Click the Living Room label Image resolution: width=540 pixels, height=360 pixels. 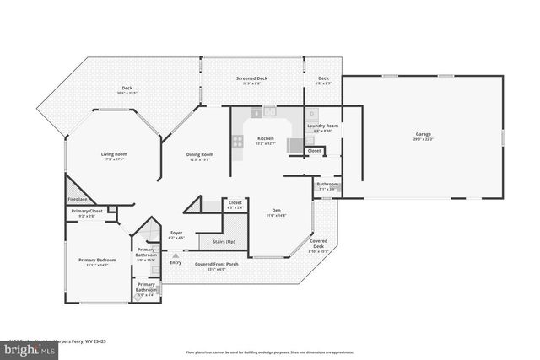114,154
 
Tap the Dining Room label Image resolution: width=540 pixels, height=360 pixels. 200,154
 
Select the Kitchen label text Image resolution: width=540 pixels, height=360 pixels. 266,137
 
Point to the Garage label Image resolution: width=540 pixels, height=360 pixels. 423,134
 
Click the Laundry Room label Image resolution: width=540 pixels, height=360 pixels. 322,126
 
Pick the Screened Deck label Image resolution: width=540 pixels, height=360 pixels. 251,78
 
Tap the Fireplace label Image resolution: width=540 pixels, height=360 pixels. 78,199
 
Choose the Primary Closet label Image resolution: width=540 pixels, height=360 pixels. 86,212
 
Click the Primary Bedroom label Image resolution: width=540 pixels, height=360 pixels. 98,260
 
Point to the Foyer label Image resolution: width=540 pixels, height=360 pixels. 176,233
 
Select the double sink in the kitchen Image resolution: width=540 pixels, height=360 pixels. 268,110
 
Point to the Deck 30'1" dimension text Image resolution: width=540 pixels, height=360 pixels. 127,93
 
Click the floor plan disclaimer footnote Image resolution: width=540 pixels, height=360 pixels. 269,352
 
